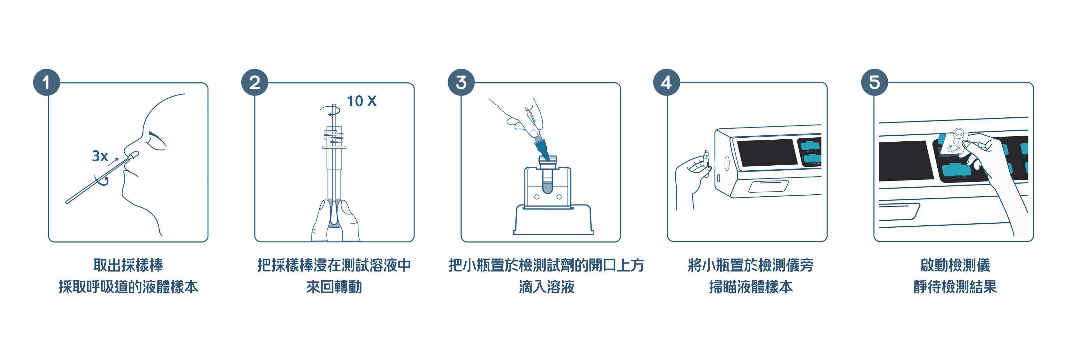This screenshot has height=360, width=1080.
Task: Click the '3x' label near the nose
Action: [100, 156]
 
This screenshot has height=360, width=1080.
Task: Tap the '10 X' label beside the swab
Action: [361, 101]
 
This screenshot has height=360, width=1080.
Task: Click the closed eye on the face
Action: [156, 141]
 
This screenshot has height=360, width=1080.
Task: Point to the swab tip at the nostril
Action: [133, 156]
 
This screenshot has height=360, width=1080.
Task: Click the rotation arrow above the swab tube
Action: [330, 111]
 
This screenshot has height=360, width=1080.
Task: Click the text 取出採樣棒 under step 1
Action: [128, 265]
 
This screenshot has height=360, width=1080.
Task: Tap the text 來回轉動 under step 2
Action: [334, 287]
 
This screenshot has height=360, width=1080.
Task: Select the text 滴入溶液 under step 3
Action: [547, 287]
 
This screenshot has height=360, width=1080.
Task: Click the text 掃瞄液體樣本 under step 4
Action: [751, 287]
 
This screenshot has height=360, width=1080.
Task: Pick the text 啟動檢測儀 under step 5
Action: [955, 265]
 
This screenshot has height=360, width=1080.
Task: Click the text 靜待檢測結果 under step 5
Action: [955, 287]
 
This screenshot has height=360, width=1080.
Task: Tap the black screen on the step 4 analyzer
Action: [767, 153]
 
